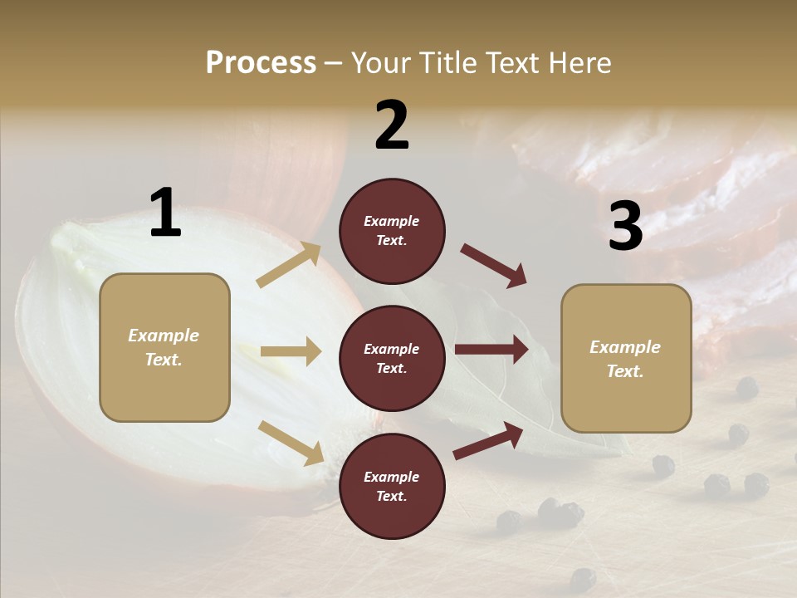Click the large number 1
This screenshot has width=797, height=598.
[165, 213]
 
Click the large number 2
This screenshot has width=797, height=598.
[392, 125]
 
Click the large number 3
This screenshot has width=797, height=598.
[625, 227]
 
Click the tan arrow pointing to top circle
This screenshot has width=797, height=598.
[289, 264]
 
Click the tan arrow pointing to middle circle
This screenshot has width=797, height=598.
[291, 351]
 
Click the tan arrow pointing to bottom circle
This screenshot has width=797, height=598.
[291, 443]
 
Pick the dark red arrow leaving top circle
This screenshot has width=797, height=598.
[493, 266]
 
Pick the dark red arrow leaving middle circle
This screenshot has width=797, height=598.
[491, 350]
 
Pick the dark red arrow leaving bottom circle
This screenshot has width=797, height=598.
[488, 440]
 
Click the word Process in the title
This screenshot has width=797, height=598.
[261, 62]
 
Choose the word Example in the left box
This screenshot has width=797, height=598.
[164, 336]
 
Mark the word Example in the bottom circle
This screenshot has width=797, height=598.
[391, 477]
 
